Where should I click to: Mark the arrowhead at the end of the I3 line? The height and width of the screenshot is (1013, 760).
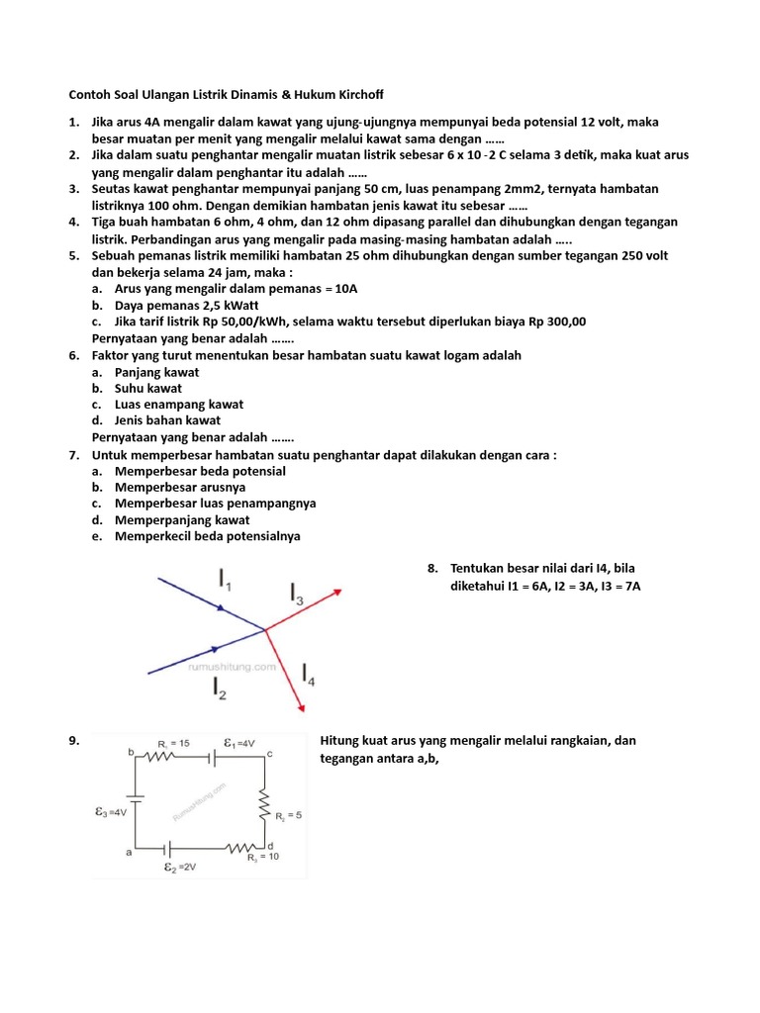336,592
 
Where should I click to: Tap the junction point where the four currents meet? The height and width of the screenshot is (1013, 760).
264,629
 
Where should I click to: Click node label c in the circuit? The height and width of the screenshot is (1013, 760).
269,755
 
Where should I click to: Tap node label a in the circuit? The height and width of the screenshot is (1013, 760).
129,850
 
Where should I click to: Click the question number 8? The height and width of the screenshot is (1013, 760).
432,569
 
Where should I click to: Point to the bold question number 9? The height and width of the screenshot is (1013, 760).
73,741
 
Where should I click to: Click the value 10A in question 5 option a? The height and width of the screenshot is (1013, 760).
347,289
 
